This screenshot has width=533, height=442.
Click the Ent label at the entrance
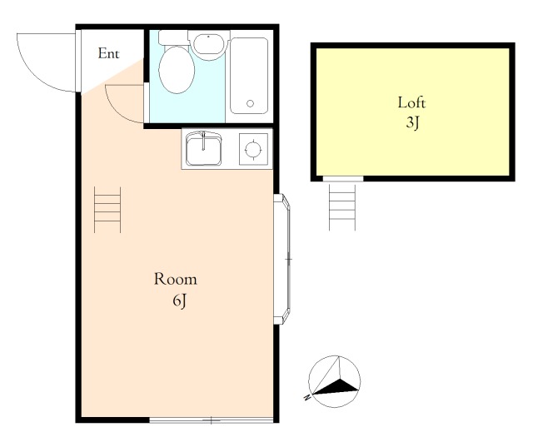click(108, 53)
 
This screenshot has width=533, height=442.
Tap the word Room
click(176, 279)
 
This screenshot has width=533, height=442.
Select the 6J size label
click(180, 300)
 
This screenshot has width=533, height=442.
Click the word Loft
click(411, 102)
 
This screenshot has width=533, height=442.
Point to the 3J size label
click(412, 122)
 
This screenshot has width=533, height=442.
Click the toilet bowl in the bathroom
click(177, 70)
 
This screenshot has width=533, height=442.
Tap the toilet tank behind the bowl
click(173, 37)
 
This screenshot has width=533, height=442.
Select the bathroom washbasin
click(208, 45)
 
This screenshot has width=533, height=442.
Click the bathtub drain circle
click(250, 103)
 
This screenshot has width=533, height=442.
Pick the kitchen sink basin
click(203, 150)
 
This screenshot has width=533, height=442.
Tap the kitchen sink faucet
click(203, 141)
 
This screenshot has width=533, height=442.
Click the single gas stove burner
click(253, 149)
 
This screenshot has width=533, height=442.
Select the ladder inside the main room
click(107, 210)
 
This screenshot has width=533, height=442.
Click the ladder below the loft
click(342, 207)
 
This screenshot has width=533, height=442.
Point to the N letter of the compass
click(307, 397)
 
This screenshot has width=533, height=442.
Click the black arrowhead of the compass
click(336, 387)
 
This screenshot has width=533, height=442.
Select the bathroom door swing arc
click(117, 109)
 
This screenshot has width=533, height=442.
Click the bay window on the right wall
click(282, 259)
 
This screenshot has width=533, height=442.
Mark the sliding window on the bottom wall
click(211, 420)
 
